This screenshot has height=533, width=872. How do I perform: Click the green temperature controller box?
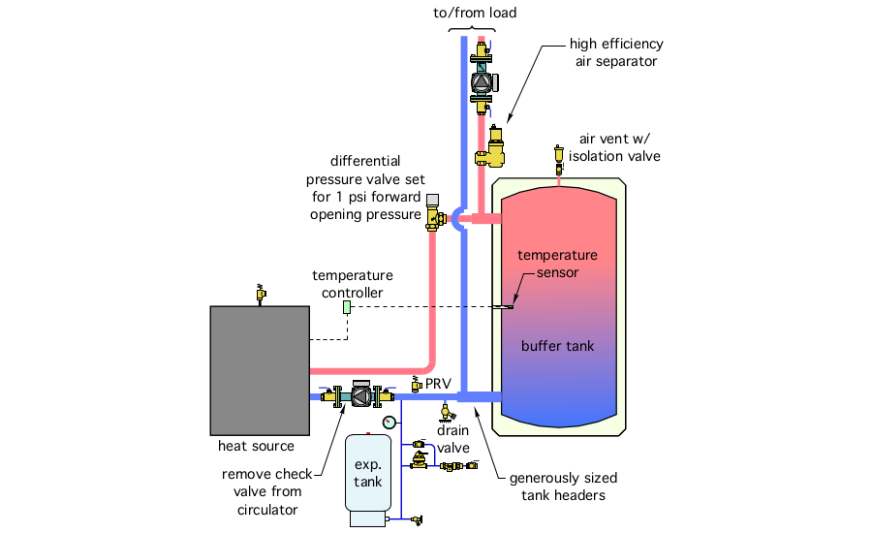tap(347, 307)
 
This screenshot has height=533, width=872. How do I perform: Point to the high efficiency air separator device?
tap(495, 148)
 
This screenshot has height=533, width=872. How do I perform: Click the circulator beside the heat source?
tap(358, 395)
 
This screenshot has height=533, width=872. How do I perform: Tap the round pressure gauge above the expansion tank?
tap(389, 422)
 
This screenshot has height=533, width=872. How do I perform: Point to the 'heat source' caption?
tap(256, 446)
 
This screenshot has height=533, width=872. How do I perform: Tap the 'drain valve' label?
tap(452, 439)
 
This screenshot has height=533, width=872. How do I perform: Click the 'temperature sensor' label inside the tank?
tap(557, 264)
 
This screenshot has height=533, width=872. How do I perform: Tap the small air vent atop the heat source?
tap(260, 293)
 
